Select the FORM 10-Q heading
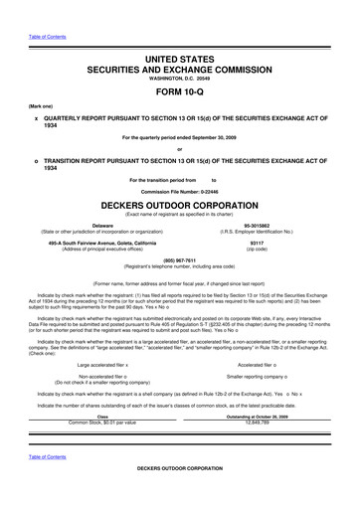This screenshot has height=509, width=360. [x=179, y=97]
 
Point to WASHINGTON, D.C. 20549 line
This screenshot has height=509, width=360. [x=179, y=82]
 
